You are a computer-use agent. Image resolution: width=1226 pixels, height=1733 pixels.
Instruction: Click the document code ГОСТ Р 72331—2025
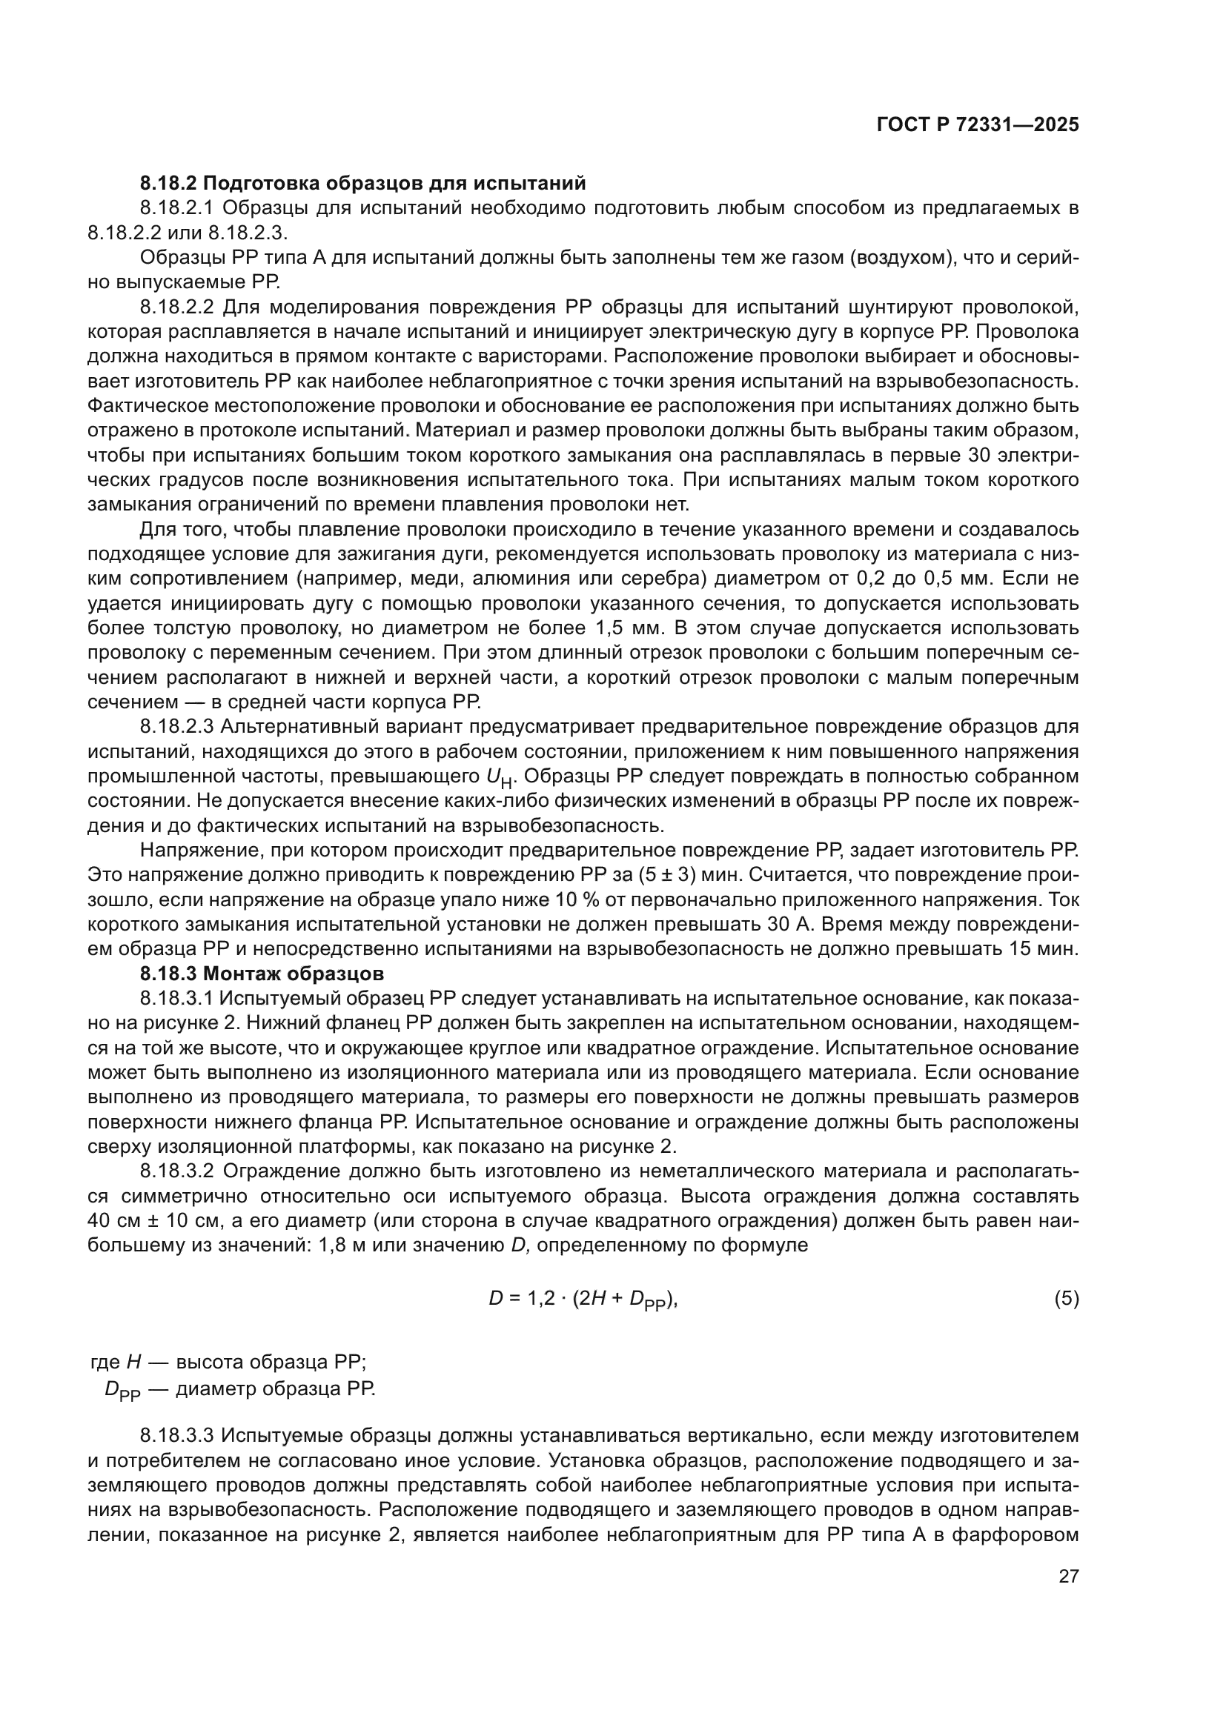[978, 125]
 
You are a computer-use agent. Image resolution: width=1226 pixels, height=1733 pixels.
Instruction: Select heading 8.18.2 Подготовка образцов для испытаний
[362, 183]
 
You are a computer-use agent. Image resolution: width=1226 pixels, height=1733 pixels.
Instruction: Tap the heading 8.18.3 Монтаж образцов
[262, 972]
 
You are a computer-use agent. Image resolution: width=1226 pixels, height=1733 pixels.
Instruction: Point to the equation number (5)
[1066, 1298]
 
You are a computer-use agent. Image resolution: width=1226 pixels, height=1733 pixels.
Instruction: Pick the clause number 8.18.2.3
[178, 727]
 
